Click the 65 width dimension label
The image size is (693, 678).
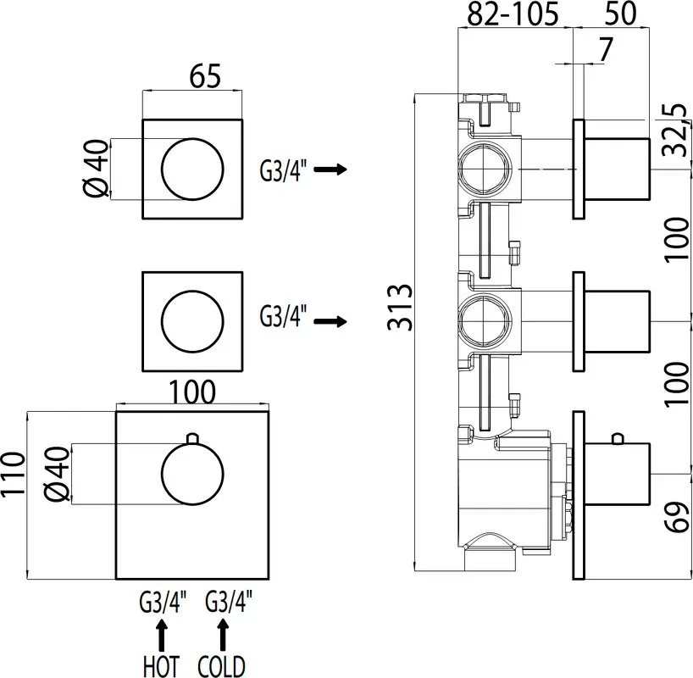pos(205,76)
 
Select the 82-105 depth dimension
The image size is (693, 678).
pos(513,14)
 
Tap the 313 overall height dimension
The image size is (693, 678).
pos(400,308)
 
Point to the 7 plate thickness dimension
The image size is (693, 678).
pos(605,49)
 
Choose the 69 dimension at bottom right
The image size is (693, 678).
pos(677,517)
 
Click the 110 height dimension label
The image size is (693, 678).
pos(13,475)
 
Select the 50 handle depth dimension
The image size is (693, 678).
pos(620,14)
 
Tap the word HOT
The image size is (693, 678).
pos(161,665)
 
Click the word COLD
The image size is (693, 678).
pos(221,665)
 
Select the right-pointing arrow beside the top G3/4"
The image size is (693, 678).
pos(330,169)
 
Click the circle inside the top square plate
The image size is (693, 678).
pos(192,138)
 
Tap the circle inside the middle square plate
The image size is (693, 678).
pos(192,291)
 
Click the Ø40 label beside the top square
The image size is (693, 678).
pos(96,169)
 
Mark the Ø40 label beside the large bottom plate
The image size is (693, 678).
pos(58,474)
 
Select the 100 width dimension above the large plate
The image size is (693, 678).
pos(192,392)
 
